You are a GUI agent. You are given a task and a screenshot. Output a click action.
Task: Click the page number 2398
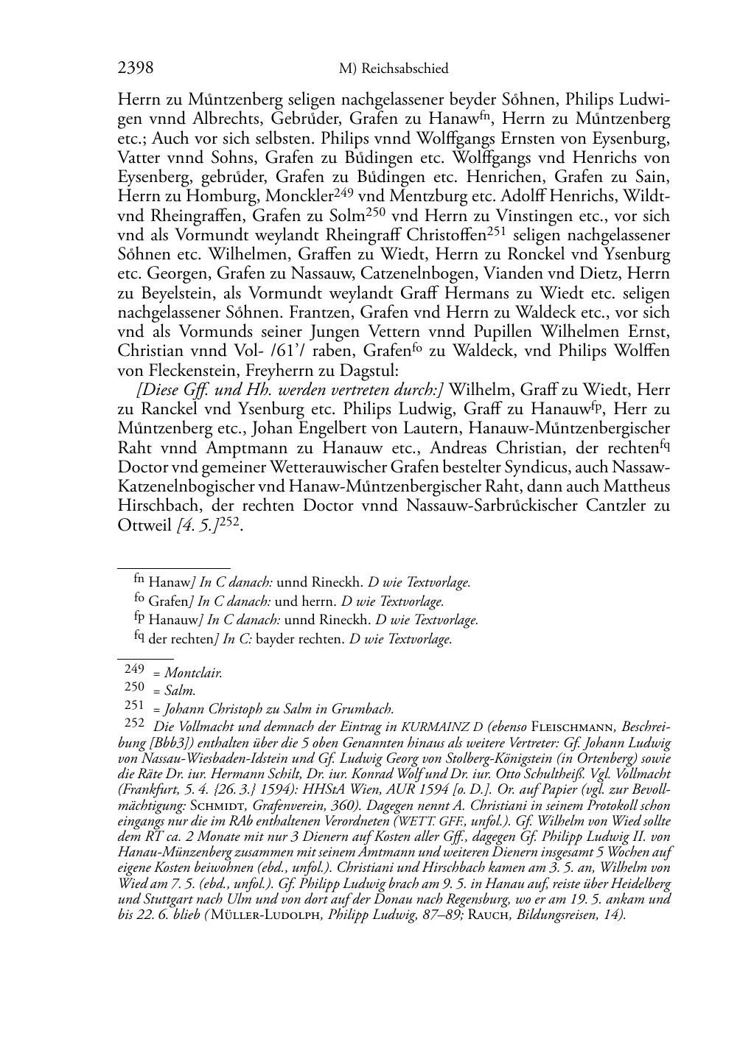tap(136, 69)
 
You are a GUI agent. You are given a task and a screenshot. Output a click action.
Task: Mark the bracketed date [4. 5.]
tap(197, 525)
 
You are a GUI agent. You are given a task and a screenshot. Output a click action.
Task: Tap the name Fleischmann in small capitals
tap(575, 727)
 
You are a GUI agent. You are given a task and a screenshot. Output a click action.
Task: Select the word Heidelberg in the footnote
tap(636, 883)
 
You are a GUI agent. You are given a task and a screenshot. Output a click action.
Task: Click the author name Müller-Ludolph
tap(266, 916)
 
